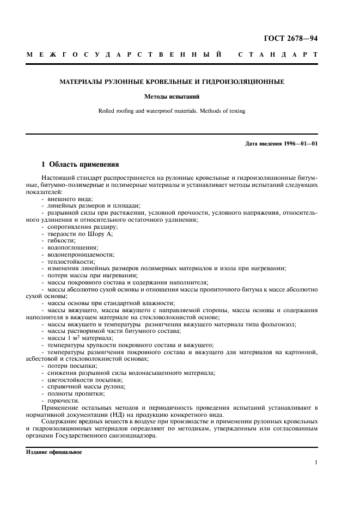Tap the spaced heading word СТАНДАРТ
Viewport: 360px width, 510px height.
tap(277, 55)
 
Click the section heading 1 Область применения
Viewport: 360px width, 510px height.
tap(81, 164)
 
